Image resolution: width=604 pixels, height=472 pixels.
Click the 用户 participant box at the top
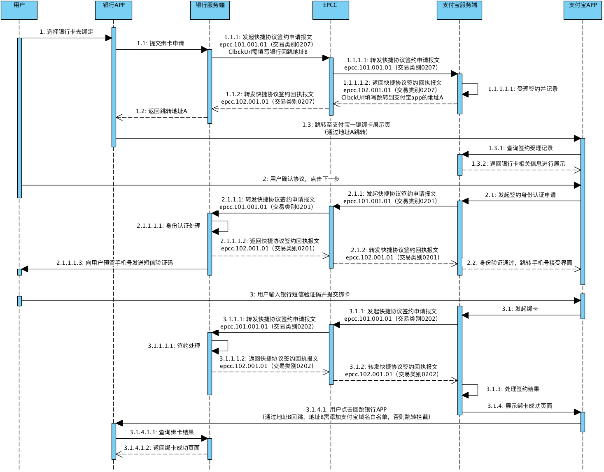[19, 10]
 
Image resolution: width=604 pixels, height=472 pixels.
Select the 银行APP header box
[114, 10]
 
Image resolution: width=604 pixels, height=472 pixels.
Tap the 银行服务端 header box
[210, 10]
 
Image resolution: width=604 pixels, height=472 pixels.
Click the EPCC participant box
[331, 10]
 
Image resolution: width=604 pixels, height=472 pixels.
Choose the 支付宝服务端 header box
[459, 10]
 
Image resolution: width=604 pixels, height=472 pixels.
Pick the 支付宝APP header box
[583, 10]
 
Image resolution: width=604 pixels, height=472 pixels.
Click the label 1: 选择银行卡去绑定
[67, 32]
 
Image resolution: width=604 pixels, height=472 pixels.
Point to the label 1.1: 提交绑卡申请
[161, 44]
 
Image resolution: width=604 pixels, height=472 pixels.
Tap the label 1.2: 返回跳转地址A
[161, 111]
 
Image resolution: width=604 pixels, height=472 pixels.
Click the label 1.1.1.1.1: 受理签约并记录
[523, 89]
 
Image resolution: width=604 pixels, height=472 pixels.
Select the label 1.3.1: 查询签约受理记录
[520, 148]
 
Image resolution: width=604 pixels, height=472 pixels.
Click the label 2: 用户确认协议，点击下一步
[301, 179]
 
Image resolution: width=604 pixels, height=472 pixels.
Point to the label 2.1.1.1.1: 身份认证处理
[168, 226]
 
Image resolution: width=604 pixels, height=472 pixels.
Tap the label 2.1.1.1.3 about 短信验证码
[114, 263]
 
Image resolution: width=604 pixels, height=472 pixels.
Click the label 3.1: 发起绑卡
[520, 309]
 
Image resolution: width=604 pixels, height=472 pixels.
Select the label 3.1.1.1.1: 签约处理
[174, 346]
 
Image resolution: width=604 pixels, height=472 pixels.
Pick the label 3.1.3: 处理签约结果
[513, 389]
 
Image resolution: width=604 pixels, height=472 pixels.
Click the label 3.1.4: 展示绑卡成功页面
[520, 406]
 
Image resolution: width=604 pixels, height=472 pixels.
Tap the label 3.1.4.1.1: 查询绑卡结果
[162, 433]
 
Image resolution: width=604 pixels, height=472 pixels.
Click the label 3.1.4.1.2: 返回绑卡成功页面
[162, 448]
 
